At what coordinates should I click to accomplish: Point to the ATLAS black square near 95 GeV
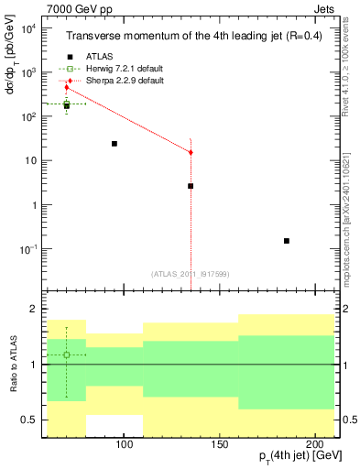tap(115, 144)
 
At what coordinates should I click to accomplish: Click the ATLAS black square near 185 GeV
tap(287, 241)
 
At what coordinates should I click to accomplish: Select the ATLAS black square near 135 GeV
tap(191, 186)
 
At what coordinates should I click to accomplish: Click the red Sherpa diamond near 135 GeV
tap(191, 152)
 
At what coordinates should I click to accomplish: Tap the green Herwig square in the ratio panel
tap(67, 354)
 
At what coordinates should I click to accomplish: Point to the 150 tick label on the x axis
tap(219, 444)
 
